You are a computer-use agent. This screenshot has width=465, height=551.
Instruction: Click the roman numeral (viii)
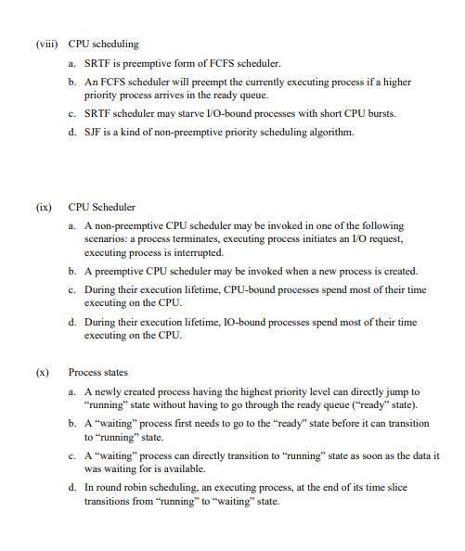pyautogui.click(x=45, y=44)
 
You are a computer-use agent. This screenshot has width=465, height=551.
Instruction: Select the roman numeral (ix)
pyautogui.click(x=44, y=207)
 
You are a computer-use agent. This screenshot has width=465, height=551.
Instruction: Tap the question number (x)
pyautogui.click(x=42, y=372)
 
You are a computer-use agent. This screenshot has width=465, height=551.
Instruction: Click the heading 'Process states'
pyautogui.click(x=97, y=372)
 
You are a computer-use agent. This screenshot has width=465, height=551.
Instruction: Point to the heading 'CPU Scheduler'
pyautogui.click(x=101, y=207)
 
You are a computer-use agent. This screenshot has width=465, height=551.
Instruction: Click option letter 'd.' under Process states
pyautogui.click(x=72, y=487)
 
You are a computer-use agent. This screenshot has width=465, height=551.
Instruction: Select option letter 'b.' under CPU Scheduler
pyautogui.click(x=72, y=271)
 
